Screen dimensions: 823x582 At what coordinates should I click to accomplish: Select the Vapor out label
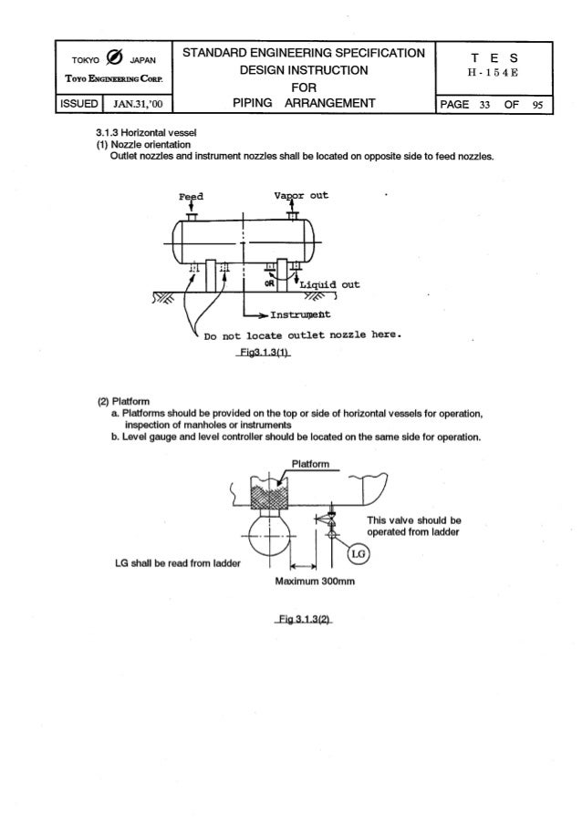point(301,195)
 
